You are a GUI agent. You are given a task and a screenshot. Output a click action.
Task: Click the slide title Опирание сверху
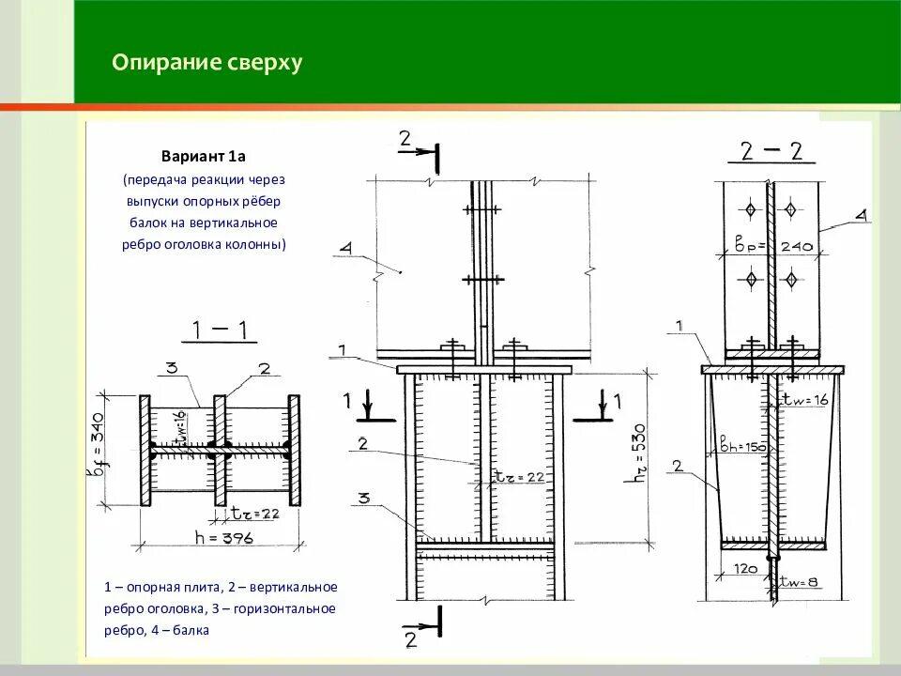tap(206, 63)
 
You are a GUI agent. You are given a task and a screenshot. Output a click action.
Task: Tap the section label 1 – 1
tap(219, 330)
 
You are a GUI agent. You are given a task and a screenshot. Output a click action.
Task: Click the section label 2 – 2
tap(771, 152)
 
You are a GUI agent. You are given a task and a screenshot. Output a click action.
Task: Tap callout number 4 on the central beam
tap(345, 250)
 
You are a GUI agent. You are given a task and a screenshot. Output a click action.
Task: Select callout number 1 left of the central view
tap(343, 350)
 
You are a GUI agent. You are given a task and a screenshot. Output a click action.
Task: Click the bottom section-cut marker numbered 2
tap(410, 640)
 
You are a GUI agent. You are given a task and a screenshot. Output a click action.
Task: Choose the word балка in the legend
tap(192, 630)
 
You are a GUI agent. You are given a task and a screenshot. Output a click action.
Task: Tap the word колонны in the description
tap(260, 244)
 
